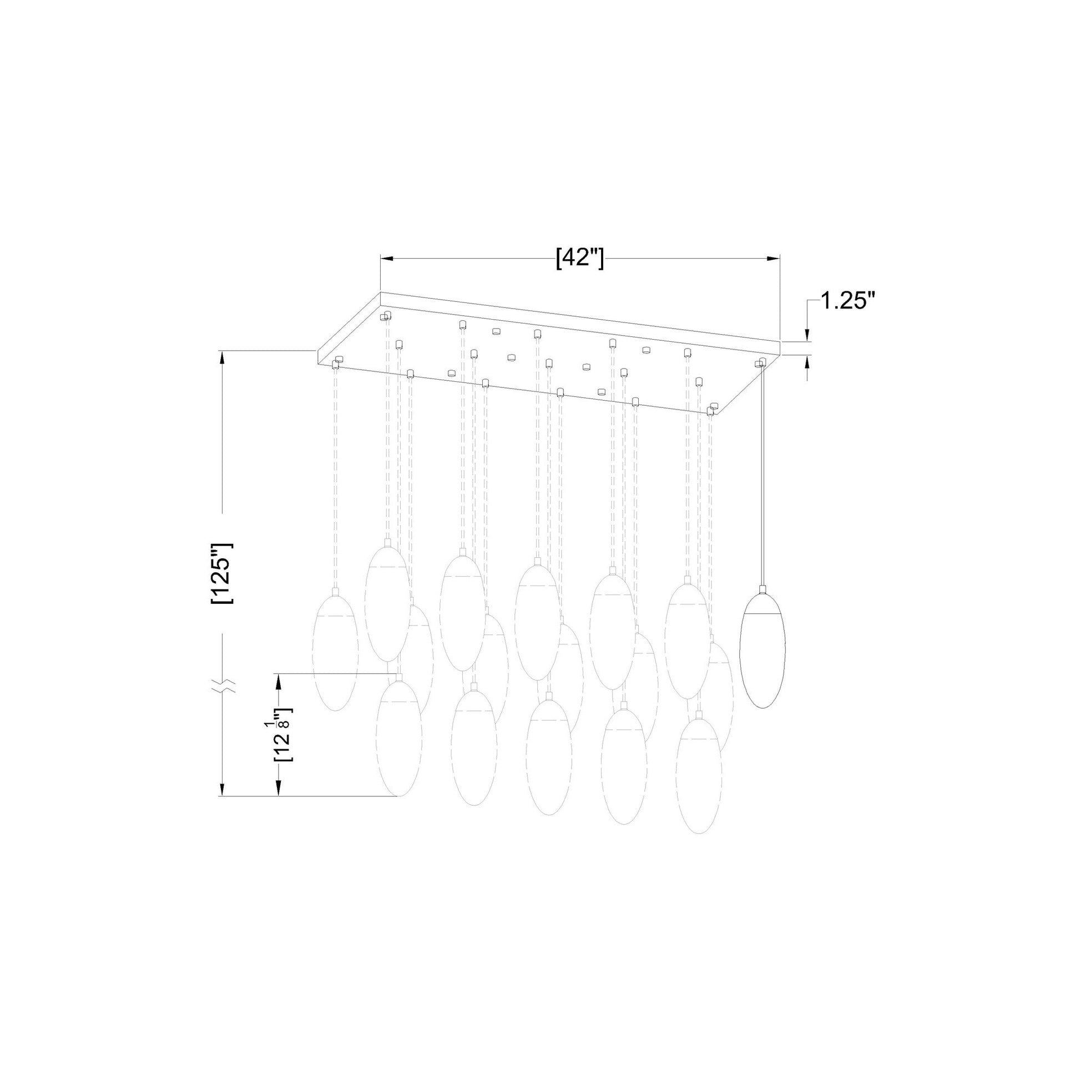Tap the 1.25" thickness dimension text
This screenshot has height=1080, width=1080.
(x=846, y=302)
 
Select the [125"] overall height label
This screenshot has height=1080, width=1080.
(x=222, y=572)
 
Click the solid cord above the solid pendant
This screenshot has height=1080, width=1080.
(x=761, y=475)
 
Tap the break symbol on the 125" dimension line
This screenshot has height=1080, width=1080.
(x=223, y=687)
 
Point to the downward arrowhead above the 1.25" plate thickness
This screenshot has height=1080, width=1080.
(x=806, y=335)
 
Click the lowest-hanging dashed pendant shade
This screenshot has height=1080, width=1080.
(x=698, y=783)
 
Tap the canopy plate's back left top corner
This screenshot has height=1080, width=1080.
(x=381, y=292)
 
